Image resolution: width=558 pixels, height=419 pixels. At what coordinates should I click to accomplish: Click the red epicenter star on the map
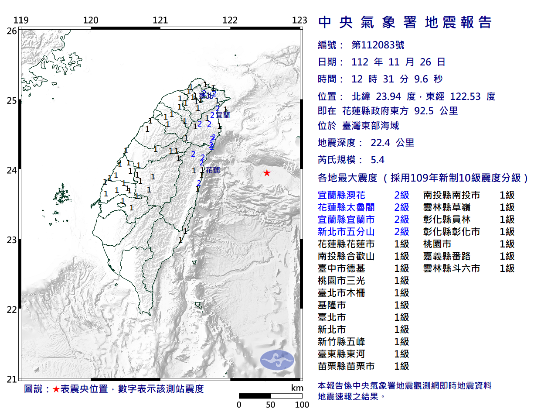coord(267,173)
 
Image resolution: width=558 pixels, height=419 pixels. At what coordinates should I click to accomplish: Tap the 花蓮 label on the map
coord(213,170)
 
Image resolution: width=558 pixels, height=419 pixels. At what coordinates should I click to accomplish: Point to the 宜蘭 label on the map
coord(223,115)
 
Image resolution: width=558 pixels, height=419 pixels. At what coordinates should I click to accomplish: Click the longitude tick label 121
coord(160,20)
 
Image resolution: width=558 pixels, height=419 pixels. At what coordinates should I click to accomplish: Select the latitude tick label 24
coord(12,170)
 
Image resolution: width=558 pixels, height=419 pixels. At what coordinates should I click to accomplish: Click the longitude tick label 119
coord(21,20)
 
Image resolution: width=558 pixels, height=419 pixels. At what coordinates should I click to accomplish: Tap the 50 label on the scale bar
coord(270,405)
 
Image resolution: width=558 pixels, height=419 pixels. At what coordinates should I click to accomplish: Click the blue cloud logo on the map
coord(277,360)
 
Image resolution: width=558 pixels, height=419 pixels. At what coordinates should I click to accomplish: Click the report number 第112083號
coord(378,45)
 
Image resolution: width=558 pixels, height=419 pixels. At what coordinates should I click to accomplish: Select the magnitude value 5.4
coord(378,160)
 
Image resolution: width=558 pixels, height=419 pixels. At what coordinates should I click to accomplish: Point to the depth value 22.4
coord(380,143)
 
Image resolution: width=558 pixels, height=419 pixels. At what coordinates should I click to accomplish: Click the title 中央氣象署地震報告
coord(405,22)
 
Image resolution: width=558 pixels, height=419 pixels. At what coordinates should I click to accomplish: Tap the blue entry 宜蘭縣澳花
coord(341,195)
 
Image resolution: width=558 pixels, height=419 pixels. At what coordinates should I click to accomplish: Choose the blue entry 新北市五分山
coord(346,232)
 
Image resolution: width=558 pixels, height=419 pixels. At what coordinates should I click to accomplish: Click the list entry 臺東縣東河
coord(341,354)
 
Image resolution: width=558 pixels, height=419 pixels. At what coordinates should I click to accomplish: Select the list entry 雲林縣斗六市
coord(452,268)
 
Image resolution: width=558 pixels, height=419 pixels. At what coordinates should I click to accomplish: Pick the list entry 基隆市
coord(332,305)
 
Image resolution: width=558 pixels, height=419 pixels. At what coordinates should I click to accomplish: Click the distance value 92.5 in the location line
coord(424,111)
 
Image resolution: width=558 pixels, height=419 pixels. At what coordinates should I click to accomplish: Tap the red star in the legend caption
coord(56,389)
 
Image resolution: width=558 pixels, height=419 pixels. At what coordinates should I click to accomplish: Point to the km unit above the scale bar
coord(297,388)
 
